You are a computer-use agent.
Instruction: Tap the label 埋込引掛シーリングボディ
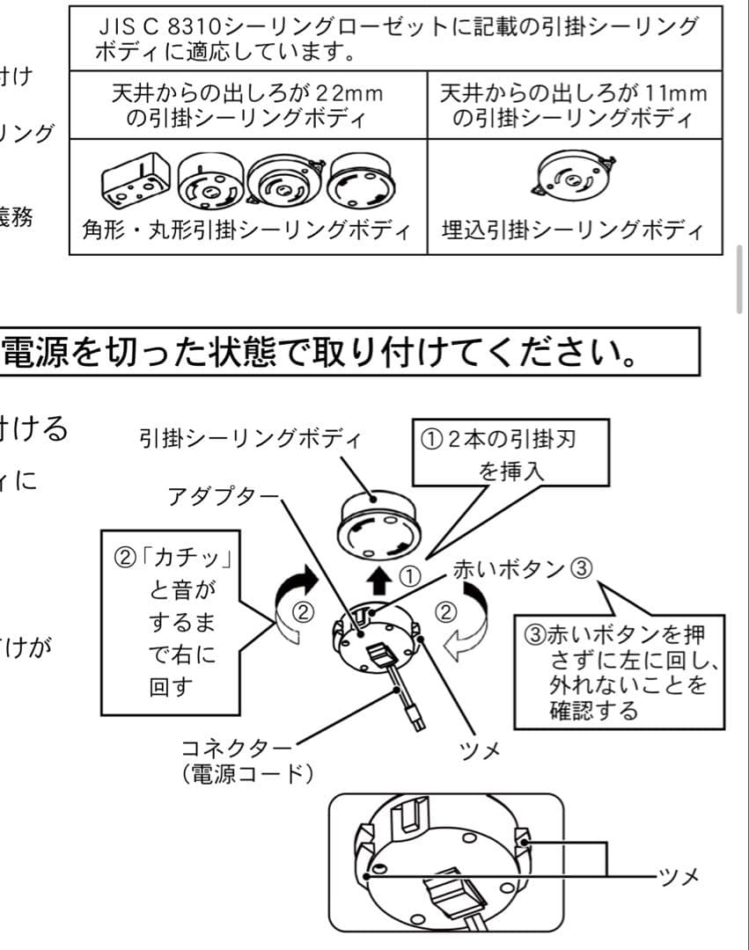(572, 231)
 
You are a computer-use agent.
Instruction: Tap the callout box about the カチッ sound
(173, 622)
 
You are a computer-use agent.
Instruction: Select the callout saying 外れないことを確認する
(620, 672)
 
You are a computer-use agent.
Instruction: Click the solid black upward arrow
(379, 580)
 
